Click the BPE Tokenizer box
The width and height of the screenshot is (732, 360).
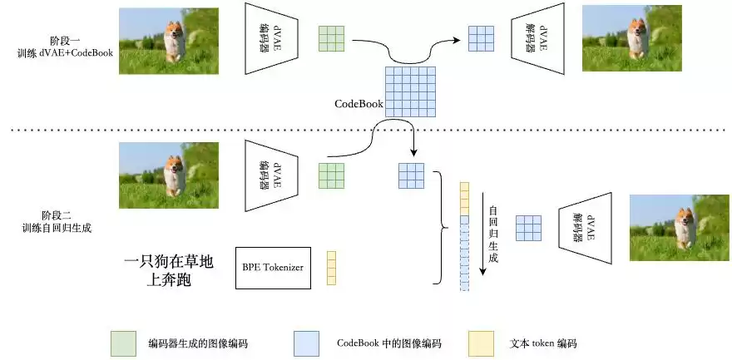pos(274,268)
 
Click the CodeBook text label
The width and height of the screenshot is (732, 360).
pos(359,104)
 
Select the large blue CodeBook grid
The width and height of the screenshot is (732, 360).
pos(410,90)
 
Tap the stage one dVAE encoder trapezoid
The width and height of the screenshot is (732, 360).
pos(269,38)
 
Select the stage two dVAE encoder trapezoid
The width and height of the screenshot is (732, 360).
pos(269,175)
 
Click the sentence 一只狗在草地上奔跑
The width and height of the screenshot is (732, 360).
pos(169,271)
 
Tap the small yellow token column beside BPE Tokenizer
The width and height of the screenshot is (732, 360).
pos(331,269)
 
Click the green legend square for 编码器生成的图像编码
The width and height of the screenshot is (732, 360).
pos(123,343)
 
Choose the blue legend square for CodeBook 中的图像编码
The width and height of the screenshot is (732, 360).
pos(306,343)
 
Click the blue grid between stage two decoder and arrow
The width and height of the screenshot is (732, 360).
pos(530,227)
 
